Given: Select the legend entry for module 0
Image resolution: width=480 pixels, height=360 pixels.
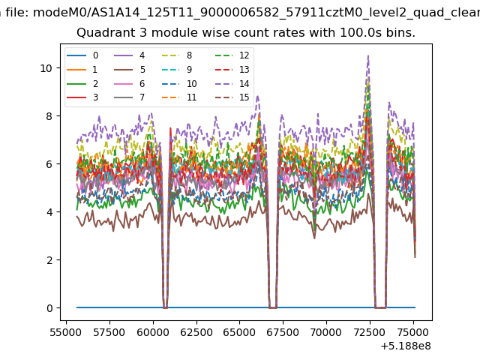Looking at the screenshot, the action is [x=82, y=55].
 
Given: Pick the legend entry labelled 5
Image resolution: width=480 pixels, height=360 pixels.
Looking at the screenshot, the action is [x=130, y=70].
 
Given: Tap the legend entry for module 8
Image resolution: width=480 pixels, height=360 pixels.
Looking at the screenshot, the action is [x=177, y=55].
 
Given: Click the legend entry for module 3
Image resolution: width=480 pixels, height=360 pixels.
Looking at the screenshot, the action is [x=82, y=97].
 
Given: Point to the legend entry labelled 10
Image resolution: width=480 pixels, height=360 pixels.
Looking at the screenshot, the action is [x=179, y=83].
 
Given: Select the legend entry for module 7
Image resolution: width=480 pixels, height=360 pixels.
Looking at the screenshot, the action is [x=130, y=97].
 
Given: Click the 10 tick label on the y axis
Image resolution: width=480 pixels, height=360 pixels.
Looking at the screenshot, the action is [x=46, y=68].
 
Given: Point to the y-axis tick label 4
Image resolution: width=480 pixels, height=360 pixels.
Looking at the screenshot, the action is [x=49, y=212].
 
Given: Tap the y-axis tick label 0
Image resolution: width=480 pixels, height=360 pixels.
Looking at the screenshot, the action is [x=49, y=308].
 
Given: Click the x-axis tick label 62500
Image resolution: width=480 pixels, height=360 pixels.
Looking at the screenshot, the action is [x=196, y=332].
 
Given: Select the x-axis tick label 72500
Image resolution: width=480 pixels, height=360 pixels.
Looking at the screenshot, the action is [x=370, y=332].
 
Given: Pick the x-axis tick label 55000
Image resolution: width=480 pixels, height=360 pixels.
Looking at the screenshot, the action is [x=66, y=332].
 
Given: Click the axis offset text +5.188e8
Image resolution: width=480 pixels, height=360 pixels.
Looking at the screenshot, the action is [x=406, y=346].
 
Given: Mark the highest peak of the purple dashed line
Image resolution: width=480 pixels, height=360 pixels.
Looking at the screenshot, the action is [x=368, y=55].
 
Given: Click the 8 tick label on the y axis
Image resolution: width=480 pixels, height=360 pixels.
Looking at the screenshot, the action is [x=49, y=116].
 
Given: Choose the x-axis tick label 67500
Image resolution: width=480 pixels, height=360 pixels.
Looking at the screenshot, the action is [x=283, y=332].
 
